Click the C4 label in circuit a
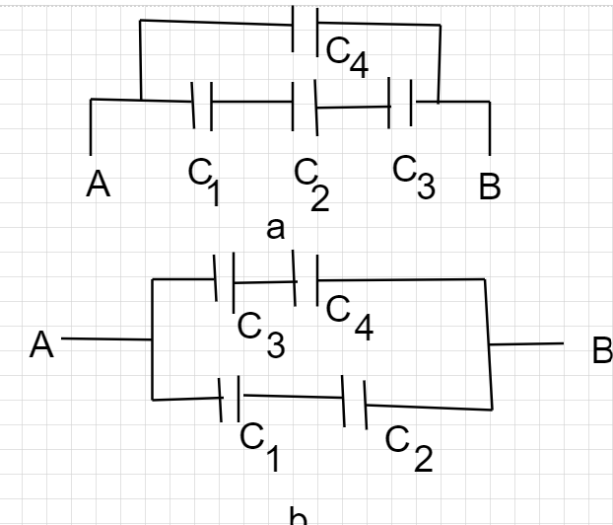tap(347, 57)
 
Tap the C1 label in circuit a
tap(204, 182)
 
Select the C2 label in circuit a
tap(312, 185)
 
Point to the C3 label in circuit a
tap(414, 178)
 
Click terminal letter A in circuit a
tap(99, 184)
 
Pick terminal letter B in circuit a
tap(490, 187)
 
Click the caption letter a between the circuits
tap(275, 229)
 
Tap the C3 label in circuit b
tap(261, 335)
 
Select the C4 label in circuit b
tap(350, 319)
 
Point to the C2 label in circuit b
tap(409, 449)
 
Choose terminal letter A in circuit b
tap(41, 344)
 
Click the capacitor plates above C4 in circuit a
tap(305, 31)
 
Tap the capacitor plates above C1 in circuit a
tap(202, 106)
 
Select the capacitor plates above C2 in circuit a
tap(305, 108)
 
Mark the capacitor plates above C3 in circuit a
tap(400, 103)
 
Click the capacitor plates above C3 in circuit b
tap(224, 282)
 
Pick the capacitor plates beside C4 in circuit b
tap(306, 278)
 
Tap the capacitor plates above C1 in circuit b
tap(230, 399)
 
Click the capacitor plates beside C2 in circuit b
tap(355, 402)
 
